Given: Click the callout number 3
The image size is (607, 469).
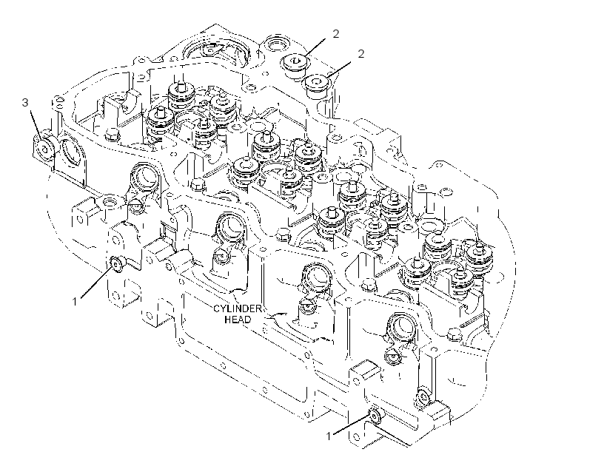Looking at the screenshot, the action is [26, 103].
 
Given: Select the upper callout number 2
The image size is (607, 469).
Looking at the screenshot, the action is [335, 34].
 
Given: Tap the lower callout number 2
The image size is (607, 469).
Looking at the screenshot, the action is [360, 54].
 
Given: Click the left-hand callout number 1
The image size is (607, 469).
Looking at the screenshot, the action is [75, 301].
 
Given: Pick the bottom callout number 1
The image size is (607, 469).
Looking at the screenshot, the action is [329, 436].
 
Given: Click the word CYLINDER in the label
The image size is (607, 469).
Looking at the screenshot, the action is [238, 308].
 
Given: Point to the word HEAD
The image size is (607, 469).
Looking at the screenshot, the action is [238, 320].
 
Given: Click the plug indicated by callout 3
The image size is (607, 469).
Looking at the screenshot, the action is [44, 149].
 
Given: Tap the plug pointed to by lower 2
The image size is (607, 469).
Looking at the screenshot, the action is [317, 86].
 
